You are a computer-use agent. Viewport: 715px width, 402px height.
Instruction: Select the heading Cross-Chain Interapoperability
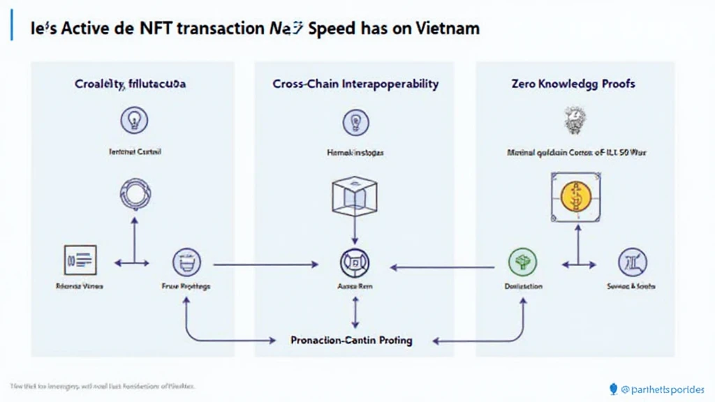point(355,84)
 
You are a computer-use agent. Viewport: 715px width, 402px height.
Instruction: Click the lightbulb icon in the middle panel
point(355,122)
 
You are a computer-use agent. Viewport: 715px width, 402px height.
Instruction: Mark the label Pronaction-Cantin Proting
point(351,341)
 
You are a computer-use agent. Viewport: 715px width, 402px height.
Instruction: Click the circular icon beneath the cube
point(354,264)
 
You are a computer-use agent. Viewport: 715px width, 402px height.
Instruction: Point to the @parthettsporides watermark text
point(662,389)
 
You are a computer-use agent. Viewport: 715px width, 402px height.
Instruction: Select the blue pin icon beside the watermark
point(614,389)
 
